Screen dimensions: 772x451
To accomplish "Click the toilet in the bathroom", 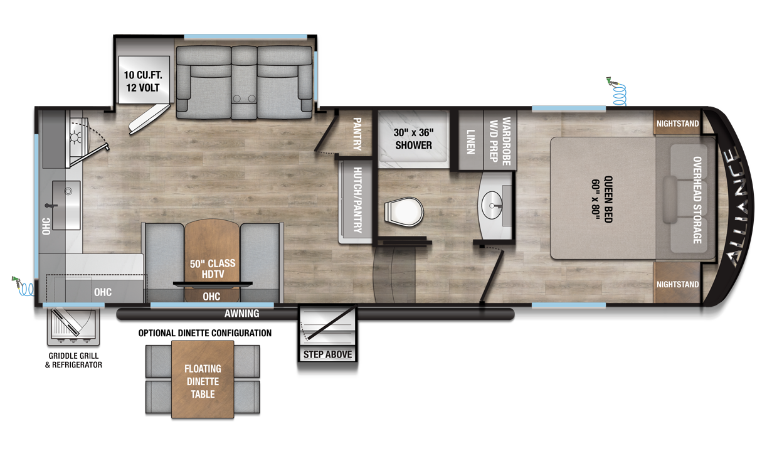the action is (x=404, y=212).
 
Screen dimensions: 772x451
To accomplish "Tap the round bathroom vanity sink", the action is (x=492, y=205).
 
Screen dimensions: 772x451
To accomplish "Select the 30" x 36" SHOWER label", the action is (x=413, y=139).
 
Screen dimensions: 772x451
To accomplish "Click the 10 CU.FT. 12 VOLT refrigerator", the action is (x=144, y=80).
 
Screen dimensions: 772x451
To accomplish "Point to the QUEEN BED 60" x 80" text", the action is (x=602, y=199).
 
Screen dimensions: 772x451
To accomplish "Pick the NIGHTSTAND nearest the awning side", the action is (x=677, y=284).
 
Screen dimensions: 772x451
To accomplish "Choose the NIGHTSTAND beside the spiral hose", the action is (x=677, y=123).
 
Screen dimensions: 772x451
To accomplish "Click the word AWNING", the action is (x=242, y=314).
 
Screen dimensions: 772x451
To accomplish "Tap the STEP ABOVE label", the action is (x=327, y=354).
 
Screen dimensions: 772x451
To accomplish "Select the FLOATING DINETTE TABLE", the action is (x=203, y=379).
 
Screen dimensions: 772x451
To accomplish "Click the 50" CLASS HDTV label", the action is (x=213, y=268).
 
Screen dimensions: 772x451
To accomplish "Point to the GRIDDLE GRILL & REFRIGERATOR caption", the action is (x=73, y=360).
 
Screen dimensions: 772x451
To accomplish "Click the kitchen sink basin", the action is (x=66, y=205).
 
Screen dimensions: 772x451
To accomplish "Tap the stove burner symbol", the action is (x=75, y=137).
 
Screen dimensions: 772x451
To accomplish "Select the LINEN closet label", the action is (x=471, y=142).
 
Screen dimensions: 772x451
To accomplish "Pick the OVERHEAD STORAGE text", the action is (x=697, y=200).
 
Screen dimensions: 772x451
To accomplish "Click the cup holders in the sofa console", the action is (x=245, y=98).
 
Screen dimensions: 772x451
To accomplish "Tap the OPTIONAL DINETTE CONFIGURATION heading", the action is (x=205, y=333).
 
